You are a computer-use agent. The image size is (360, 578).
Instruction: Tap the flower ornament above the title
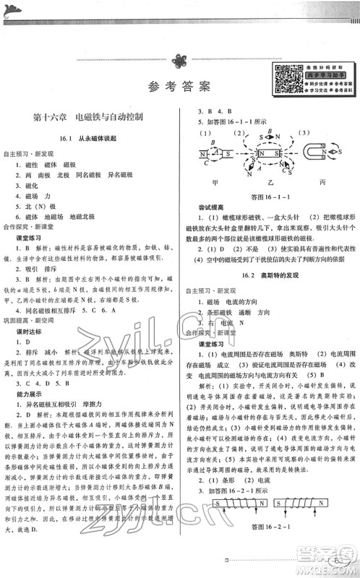[179, 63]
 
